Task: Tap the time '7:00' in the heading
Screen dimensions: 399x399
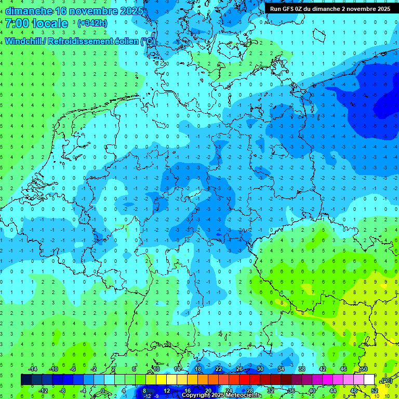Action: click(x=17, y=23)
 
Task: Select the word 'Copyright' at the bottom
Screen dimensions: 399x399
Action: click(x=198, y=395)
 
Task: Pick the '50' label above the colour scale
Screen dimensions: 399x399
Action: click(x=364, y=369)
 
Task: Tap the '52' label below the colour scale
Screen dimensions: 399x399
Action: click(x=374, y=390)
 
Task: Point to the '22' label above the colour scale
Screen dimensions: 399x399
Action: click(x=218, y=369)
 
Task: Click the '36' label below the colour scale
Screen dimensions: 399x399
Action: click(x=291, y=390)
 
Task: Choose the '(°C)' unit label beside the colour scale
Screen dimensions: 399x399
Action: click(x=387, y=380)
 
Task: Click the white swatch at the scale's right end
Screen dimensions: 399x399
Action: click(x=369, y=380)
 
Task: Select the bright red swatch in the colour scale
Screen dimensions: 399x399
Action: click(x=244, y=380)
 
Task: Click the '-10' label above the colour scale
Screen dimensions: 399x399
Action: click(x=53, y=369)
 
